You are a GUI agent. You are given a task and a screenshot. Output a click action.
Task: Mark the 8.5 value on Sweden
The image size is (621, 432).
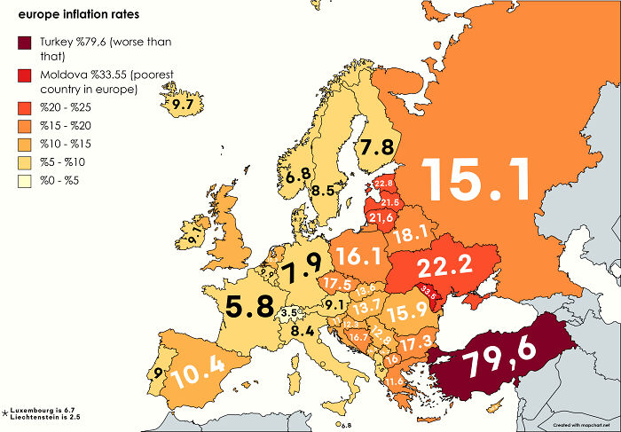(324, 189)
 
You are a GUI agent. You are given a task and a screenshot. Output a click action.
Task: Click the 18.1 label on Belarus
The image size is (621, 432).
(411, 233)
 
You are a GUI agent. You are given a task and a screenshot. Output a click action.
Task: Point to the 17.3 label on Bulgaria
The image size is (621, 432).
(415, 341)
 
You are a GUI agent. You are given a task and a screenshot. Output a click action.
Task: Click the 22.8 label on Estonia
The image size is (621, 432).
(384, 184)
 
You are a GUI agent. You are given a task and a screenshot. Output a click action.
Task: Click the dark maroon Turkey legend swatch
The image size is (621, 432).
(22, 43)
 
